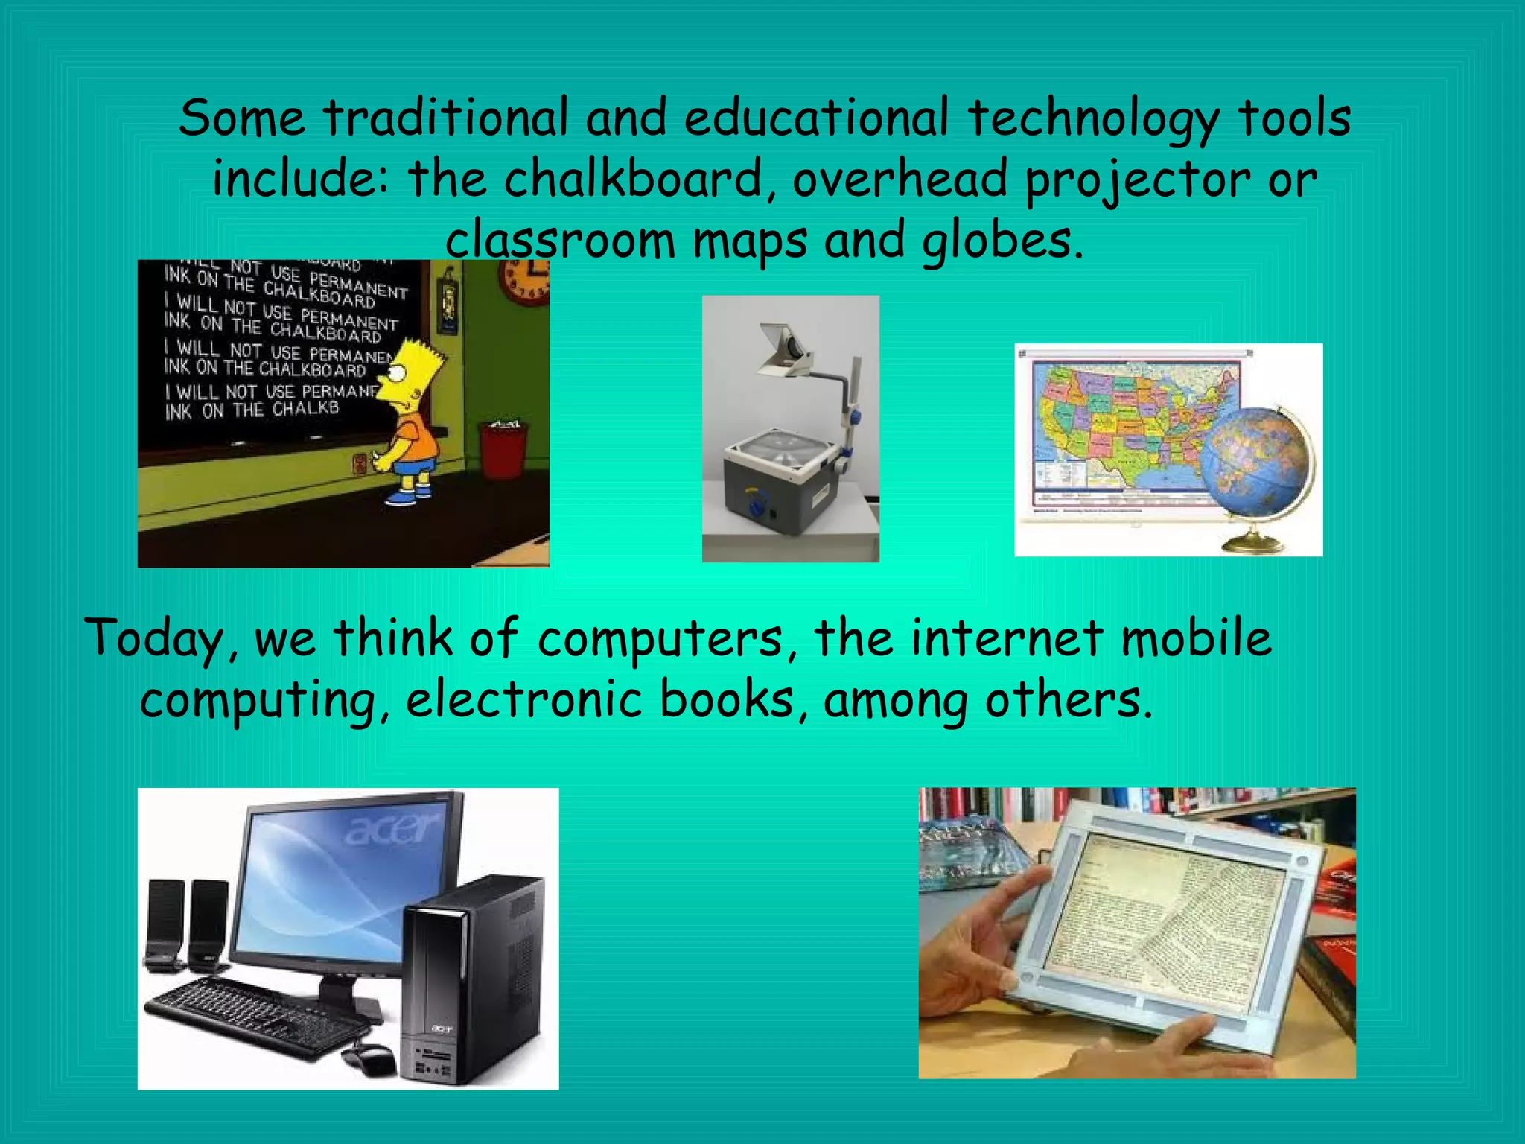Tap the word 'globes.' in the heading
1002,241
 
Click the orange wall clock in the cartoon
526,282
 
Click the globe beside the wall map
1257,463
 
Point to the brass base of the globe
1253,543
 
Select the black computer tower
474,983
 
